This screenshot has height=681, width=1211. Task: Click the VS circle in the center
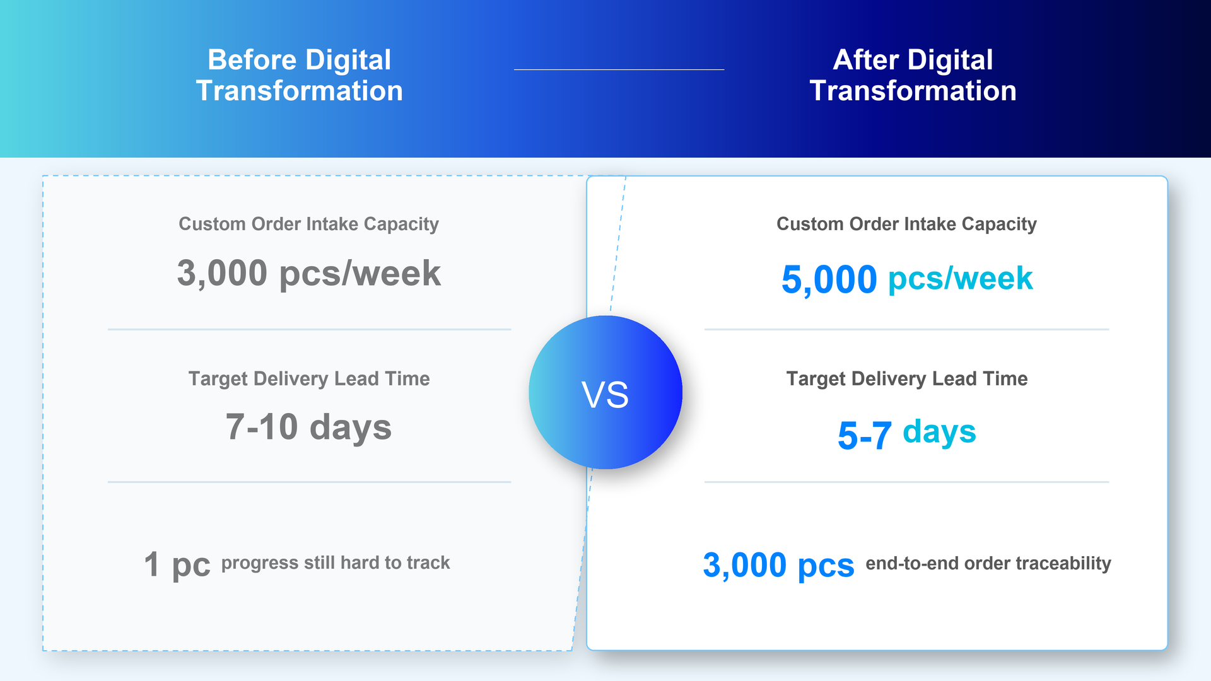pos(605,392)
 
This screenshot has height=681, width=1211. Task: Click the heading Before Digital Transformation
pos(300,75)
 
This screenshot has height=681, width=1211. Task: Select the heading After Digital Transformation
pos(913,75)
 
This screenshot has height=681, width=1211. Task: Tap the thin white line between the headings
pos(619,69)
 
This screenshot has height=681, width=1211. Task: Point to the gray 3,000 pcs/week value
pos(309,273)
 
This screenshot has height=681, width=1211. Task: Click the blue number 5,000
pos(829,279)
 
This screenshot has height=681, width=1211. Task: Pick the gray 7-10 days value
pos(309,427)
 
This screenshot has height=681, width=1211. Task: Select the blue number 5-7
pos(864,435)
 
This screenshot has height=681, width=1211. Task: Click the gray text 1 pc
pos(177,564)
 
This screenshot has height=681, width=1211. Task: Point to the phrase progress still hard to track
pos(336,562)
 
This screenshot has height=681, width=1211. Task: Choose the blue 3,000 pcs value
pos(778,565)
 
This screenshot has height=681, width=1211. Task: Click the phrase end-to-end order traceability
pos(988,563)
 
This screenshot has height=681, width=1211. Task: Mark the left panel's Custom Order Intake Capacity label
pos(309,224)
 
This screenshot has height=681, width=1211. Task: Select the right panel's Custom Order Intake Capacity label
pos(906,224)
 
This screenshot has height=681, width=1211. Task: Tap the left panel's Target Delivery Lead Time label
pos(309,378)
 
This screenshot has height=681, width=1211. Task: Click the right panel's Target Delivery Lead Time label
pos(906,378)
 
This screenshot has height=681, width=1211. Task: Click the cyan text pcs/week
pos(960,279)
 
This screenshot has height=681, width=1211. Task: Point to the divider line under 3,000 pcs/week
pos(309,329)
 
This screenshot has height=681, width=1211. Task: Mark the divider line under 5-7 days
pos(906,482)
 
